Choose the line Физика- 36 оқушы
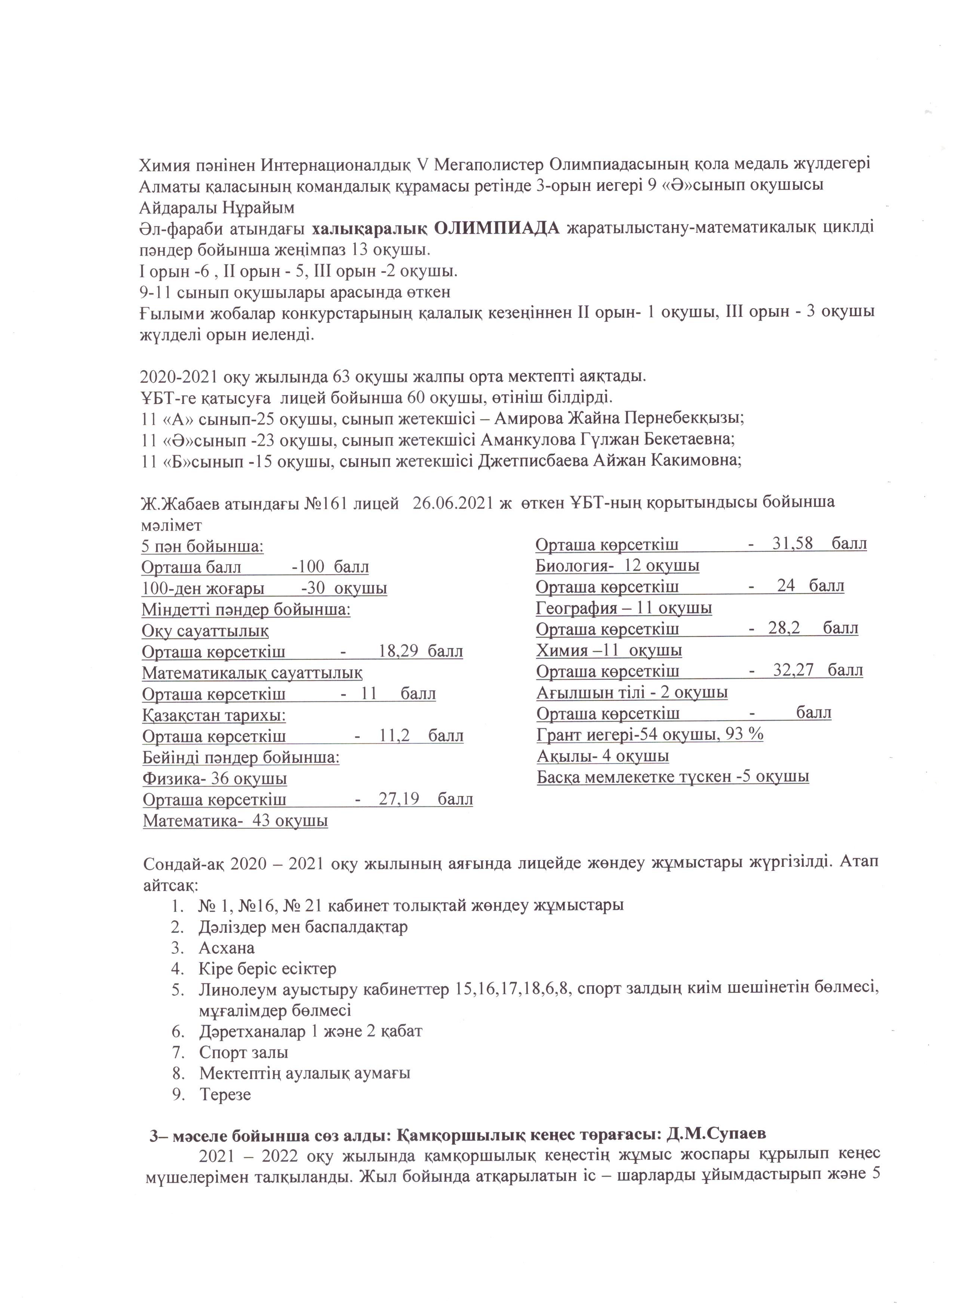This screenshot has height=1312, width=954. click(215, 779)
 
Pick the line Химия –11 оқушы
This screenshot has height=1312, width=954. click(609, 650)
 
